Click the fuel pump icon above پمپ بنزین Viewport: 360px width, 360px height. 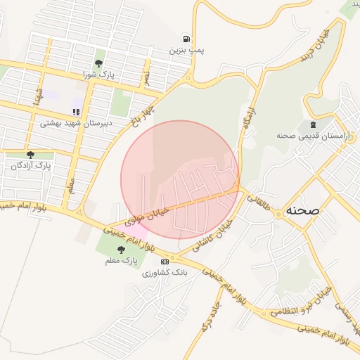pyautogui.click(x=186, y=39)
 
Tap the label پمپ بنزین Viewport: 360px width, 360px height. pyautogui.click(x=184, y=51)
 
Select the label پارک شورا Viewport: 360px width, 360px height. pyautogui.click(x=98, y=74)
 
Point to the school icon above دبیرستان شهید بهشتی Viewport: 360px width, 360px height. pyautogui.click(x=76, y=112)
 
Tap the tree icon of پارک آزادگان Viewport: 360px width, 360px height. pyautogui.click(x=30, y=155)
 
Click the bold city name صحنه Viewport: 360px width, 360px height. pyautogui.click(x=302, y=210)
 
